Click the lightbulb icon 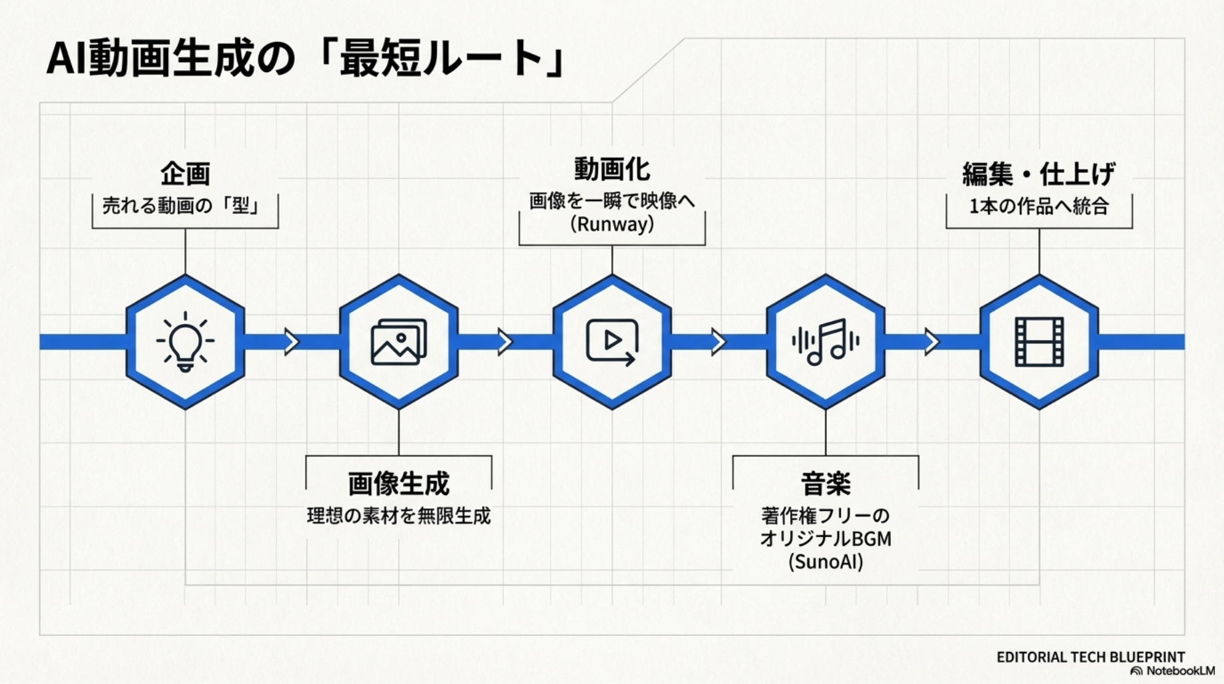coord(185,341)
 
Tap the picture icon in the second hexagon coord(398,341)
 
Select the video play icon coord(611,341)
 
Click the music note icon coord(826,341)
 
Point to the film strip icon coord(1039,342)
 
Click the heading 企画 coord(185,174)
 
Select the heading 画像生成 coord(398,484)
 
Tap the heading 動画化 coord(611,170)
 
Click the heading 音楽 coord(826,484)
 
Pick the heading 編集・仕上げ coord(1038,174)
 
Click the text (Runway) coord(611,224)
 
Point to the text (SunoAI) coord(826,562)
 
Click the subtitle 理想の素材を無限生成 coord(398,516)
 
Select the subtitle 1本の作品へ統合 coord(1038,206)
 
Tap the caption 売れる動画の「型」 coord(180,205)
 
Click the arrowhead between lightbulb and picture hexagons coord(291,341)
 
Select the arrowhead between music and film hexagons coord(932,341)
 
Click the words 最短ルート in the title coord(440,59)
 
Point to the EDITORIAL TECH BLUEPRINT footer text coord(1091,657)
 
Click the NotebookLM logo coord(1173,671)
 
